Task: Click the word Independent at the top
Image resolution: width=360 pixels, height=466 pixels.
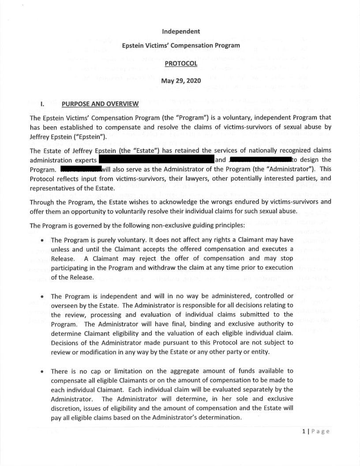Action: [181, 31]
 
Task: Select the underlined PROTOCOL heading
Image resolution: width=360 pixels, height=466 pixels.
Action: [181, 64]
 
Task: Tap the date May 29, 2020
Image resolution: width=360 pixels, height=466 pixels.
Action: [181, 80]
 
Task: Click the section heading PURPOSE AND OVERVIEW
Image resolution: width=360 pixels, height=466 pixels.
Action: [100, 104]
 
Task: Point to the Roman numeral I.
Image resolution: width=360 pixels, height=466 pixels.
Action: [42, 104]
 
